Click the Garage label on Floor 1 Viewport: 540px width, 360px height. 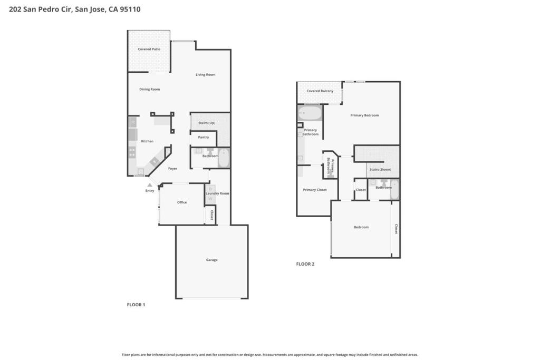[x=211, y=260]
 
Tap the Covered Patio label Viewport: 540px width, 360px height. [x=149, y=49]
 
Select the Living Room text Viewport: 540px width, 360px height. [x=205, y=74]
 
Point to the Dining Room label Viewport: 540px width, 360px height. [x=149, y=89]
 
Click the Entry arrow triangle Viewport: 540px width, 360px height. [x=149, y=185]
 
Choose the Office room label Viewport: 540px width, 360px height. [x=182, y=202]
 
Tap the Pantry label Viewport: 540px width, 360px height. [x=203, y=137]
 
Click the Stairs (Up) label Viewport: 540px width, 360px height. [x=207, y=123]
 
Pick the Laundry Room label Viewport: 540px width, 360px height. [x=217, y=193]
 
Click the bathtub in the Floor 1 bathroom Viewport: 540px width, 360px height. [x=224, y=158]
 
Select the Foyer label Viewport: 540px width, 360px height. [x=172, y=169]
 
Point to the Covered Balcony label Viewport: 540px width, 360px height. [x=320, y=91]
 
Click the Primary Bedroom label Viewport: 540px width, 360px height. [x=364, y=115]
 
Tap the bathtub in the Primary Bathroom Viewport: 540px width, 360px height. [x=310, y=113]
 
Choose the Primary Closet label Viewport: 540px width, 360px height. [x=315, y=190]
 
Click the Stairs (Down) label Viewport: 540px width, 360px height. [x=380, y=169]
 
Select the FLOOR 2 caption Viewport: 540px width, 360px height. [x=305, y=264]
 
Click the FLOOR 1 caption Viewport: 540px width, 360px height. [x=136, y=305]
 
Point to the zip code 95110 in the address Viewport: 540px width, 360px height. [x=130, y=9]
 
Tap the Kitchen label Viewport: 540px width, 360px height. [x=147, y=141]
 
